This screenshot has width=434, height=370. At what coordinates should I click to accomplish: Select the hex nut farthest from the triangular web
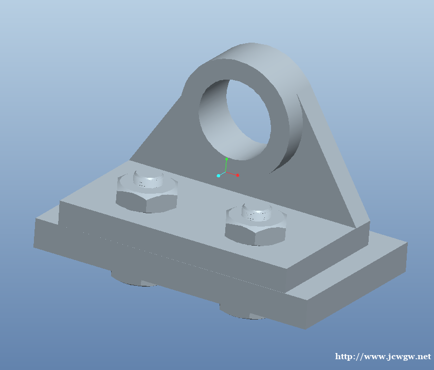coord(147,194)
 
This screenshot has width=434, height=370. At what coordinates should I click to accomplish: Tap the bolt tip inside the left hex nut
coord(149,179)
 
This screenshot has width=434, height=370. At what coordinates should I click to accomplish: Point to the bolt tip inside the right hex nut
coord(257,212)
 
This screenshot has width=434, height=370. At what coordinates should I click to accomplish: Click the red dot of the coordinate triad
coord(238,175)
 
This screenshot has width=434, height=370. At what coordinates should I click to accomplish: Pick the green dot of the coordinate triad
coord(227,159)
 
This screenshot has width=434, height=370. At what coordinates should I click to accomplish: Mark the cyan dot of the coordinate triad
coord(219,176)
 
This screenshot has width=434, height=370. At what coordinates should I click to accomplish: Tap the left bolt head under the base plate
coord(133,279)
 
